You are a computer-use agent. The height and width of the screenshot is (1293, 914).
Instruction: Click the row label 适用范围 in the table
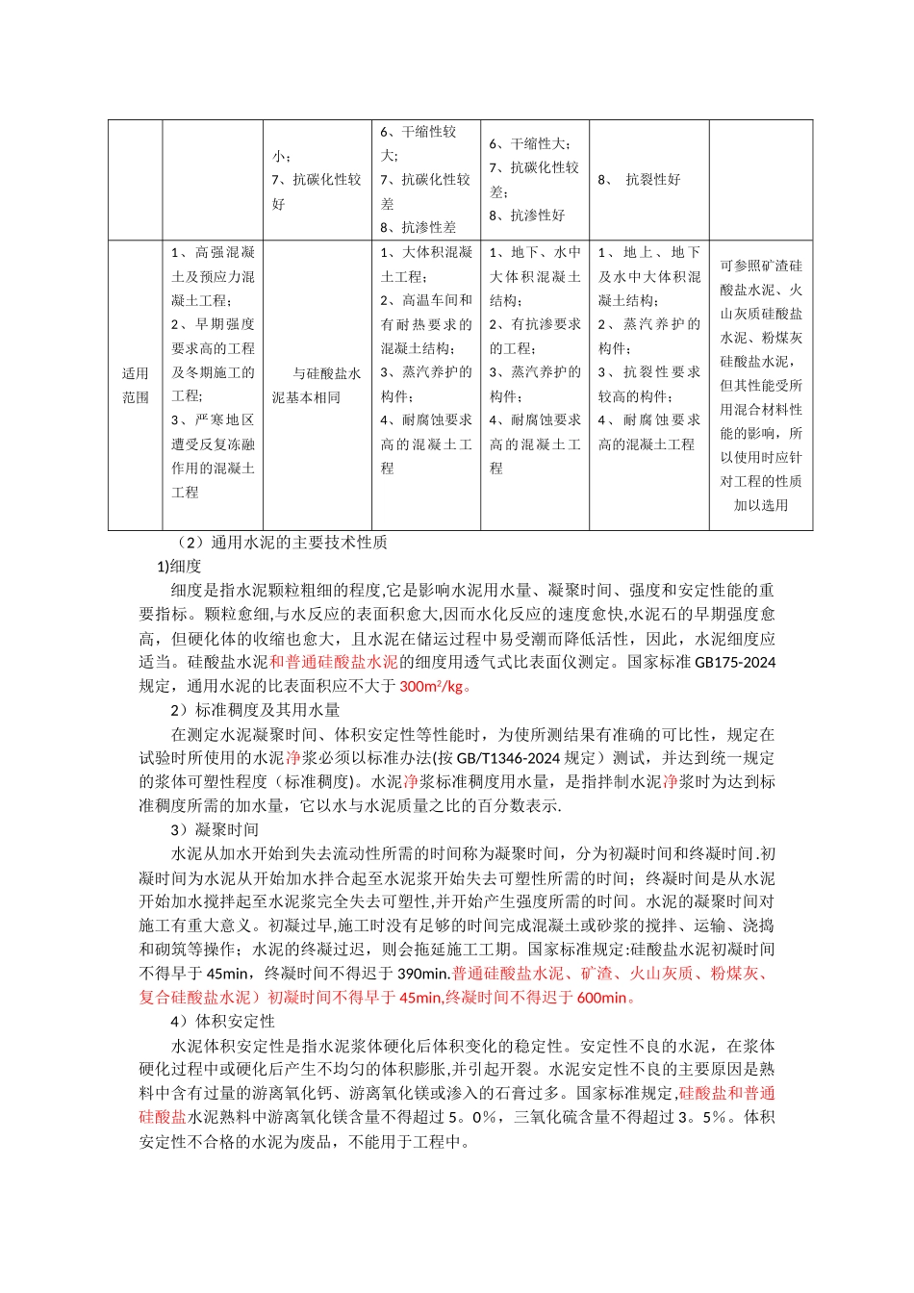tap(136, 385)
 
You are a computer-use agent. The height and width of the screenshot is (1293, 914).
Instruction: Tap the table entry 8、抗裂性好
tap(640, 180)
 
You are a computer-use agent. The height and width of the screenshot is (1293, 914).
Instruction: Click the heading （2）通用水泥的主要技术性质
tap(282, 543)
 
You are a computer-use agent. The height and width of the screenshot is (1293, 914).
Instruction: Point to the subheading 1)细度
tap(179, 567)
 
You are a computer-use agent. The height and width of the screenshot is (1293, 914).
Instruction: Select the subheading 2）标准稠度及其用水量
tap(255, 710)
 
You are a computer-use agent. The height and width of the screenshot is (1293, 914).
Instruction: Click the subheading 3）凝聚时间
tap(215, 830)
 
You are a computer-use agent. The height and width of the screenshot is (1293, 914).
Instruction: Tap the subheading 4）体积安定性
tap(222, 1022)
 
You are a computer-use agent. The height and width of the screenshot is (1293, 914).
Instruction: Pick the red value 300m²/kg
tap(431, 686)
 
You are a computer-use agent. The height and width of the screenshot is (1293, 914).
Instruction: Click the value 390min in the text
tap(422, 974)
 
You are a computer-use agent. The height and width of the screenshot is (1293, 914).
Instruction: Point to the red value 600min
tap(601, 998)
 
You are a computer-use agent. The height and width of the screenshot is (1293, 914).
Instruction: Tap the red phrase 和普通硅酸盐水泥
tap(333, 662)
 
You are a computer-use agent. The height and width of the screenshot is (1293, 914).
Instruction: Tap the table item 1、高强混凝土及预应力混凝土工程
tap(213, 276)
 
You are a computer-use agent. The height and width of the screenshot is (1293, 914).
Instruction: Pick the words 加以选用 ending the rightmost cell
tap(761, 505)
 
